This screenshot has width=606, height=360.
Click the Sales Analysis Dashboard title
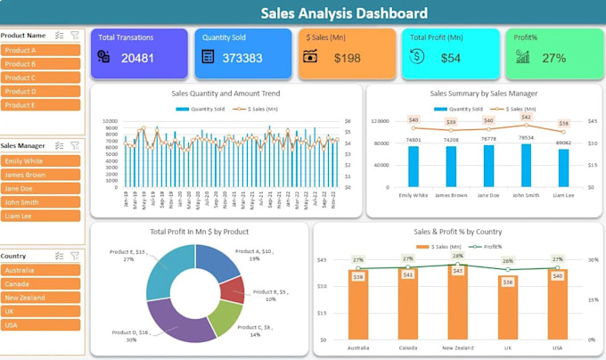click(344, 13)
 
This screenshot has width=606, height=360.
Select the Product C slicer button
click(41, 78)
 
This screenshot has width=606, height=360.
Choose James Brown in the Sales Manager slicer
click(41, 175)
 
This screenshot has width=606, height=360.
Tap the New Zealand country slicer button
click(41, 298)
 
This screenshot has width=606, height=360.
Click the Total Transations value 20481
click(138, 57)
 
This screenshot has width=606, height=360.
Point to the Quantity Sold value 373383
click(242, 57)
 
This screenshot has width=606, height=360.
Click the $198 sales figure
click(347, 57)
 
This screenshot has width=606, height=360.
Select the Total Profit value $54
click(451, 57)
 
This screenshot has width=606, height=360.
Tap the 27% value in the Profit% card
click(553, 57)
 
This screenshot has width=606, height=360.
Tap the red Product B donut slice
click(233, 290)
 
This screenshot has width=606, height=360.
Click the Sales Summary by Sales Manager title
click(483, 93)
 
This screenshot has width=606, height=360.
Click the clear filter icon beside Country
click(75, 256)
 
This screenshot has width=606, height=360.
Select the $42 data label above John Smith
click(526, 118)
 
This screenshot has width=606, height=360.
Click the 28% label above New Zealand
click(458, 257)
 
